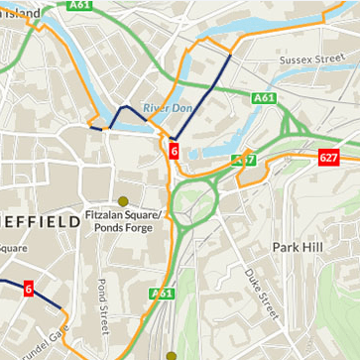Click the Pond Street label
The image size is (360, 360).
pos(102,302)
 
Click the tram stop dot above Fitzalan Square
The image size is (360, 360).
pos(123,200)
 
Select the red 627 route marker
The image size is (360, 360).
pos(329,158)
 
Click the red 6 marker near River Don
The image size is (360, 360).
pos(174,152)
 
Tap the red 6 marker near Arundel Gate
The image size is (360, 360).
pos(28,289)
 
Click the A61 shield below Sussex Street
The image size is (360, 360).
pos(263,98)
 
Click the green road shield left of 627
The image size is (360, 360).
pos(244,160)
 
